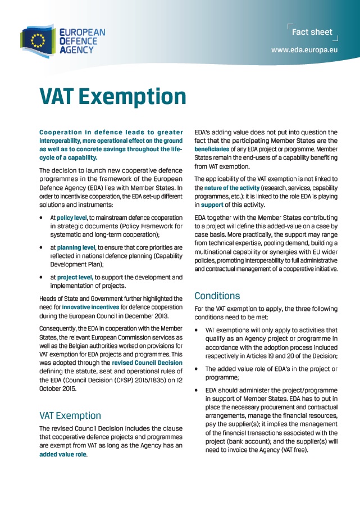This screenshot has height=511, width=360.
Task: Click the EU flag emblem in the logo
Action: [38, 40]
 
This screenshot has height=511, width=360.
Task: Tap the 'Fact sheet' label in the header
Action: [312, 32]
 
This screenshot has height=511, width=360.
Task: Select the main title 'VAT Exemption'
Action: [112, 96]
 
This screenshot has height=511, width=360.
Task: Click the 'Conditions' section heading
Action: [217, 296]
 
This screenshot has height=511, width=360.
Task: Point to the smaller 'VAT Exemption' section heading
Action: [70, 415]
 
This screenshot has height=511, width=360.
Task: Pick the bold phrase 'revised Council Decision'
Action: [147, 363]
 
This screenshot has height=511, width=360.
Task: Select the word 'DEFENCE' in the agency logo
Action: [78, 41]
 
